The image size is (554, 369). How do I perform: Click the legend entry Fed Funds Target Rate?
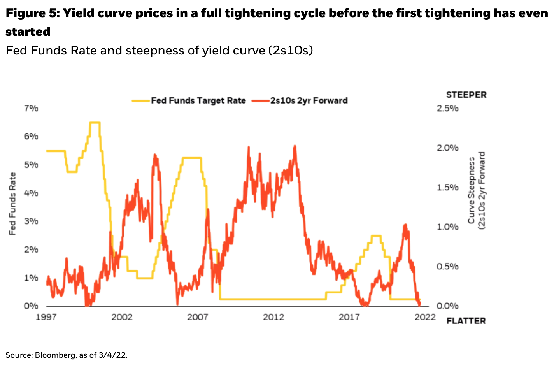point(198,100)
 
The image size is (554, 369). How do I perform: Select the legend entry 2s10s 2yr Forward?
point(309,100)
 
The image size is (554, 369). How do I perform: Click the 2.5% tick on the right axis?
point(447,108)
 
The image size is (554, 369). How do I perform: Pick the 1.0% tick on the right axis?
point(447,227)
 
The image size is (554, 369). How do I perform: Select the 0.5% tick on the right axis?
point(447,267)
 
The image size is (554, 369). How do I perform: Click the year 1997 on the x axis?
point(46,317)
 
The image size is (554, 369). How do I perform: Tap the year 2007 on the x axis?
point(198,317)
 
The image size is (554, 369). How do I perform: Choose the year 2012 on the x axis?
point(273,317)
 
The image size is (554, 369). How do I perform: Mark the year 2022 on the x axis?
point(425,317)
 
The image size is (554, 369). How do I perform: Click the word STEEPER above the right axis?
point(466,95)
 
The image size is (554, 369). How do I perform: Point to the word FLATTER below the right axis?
point(466,321)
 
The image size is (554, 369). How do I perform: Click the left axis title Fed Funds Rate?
point(13,204)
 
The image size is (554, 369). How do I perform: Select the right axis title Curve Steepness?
point(472,190)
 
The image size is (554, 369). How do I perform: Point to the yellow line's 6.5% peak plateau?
point(95,123)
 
